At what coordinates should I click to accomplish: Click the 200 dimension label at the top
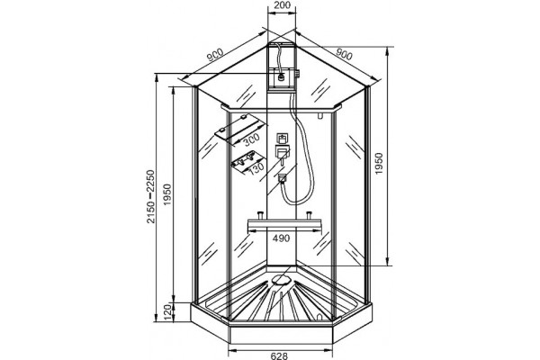pos(282,5)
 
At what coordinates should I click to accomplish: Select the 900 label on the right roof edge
pos(344,54)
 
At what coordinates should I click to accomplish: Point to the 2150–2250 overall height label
pos(151,196)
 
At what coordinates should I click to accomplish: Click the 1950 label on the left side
pos(167,194)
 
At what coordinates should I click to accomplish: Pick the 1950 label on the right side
pos(379,164)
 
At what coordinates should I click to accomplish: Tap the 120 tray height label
pos(168,312)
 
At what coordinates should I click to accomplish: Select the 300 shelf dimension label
pos(250,139)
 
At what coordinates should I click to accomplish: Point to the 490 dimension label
pos(281,238)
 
